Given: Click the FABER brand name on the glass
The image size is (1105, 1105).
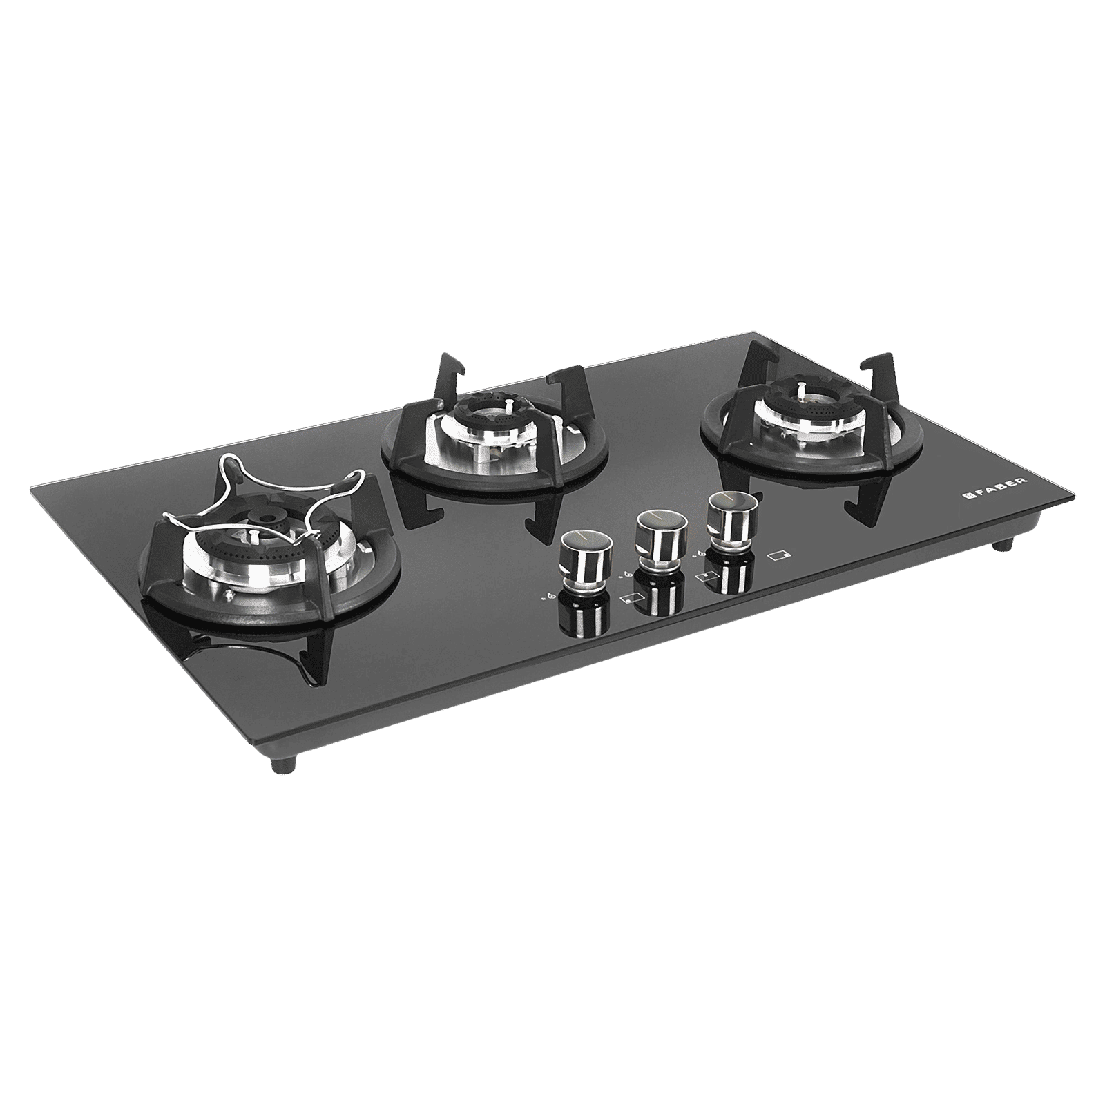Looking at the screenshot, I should (999, 496).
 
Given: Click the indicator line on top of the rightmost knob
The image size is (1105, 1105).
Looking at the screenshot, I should (725, 499).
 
